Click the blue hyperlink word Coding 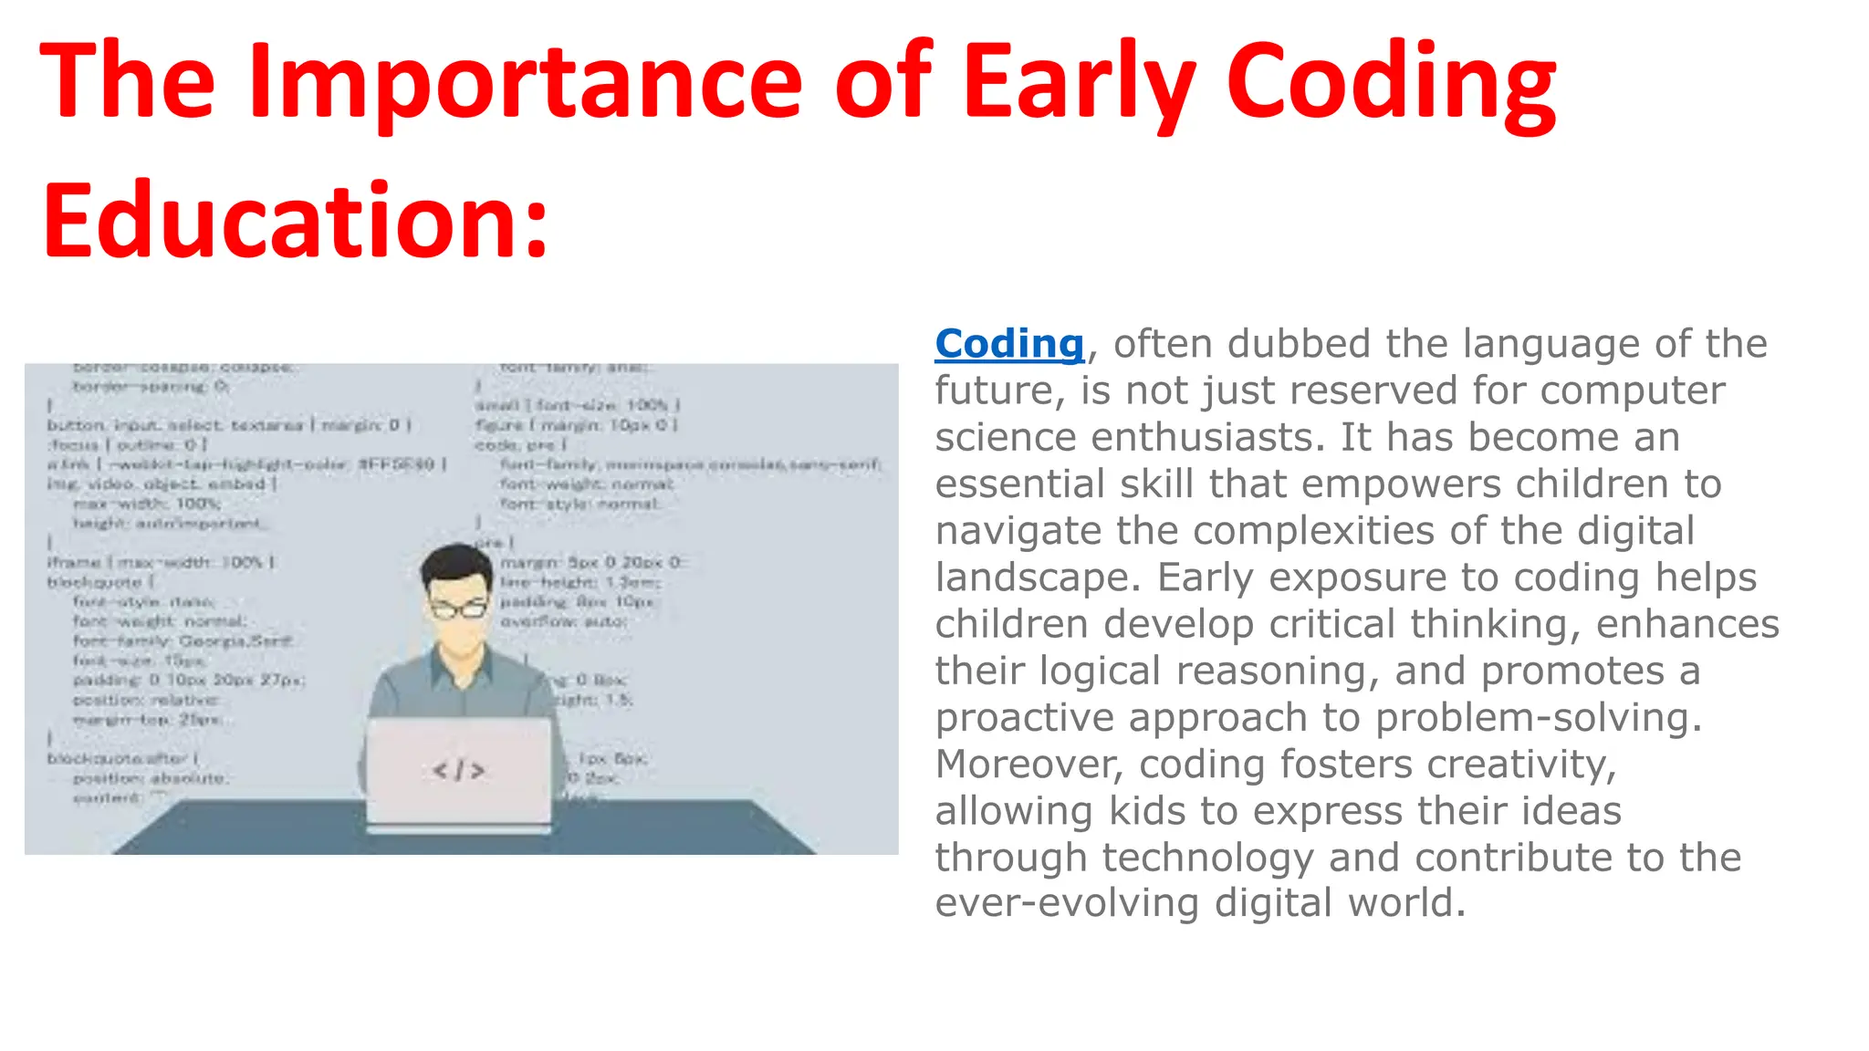[x=1009, y=344]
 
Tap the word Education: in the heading [x=295, y=221]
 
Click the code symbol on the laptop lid [x=459, y=771]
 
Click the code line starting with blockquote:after [x=123, y=759]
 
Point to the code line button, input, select [x=228, y=426]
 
